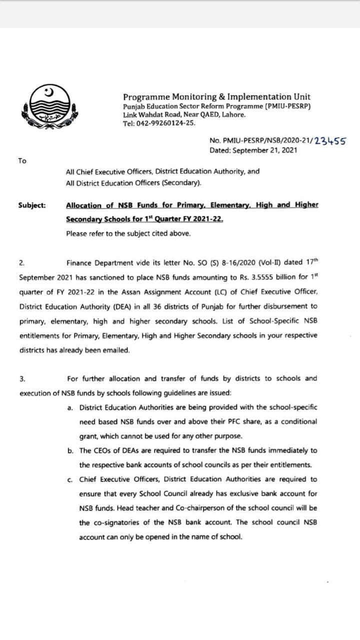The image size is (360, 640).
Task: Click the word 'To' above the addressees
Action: tap(22, 160)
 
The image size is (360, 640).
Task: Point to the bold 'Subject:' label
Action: tap(32, 205)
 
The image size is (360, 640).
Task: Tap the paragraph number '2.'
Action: tap(22, 262)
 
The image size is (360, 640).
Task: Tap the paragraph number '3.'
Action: tap(22, 378)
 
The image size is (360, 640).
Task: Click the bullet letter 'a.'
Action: tap(70, 407)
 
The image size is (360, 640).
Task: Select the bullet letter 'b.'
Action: tap(70, 450)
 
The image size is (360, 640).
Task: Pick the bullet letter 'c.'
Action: tap(70, 479)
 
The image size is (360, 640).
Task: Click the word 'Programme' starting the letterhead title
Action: tap(145, 97)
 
